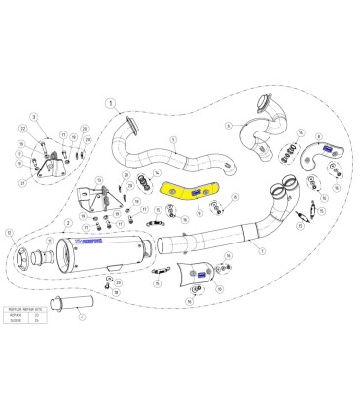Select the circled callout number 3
point(32,117)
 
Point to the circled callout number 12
point(11,233)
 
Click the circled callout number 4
point(83,316)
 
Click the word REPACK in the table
point(18,315)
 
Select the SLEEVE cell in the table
point(18,321)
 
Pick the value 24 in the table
point(36,321)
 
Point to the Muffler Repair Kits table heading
point(25,308)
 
